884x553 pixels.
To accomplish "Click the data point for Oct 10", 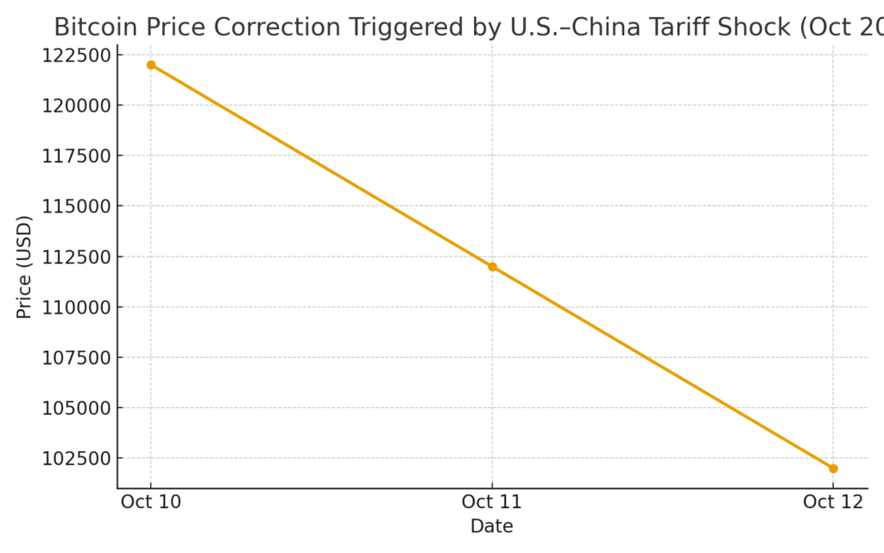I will (151, 65).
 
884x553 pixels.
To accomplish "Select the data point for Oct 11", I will (492, 266).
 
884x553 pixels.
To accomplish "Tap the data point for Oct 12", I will (833, 468).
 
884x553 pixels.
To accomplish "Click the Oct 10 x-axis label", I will (151, 502).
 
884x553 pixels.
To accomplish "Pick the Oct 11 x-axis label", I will (492, 502).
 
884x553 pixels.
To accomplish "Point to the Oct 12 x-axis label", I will (833, 502).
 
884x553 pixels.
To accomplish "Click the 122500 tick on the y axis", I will (76, 55).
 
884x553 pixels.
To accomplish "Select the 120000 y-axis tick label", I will (76, 105).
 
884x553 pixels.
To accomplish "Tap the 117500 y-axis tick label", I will (76, 156).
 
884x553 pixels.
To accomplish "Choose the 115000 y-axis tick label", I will (76, 207).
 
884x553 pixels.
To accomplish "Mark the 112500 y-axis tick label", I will (76, 257).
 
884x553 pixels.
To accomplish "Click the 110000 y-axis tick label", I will (76, 307).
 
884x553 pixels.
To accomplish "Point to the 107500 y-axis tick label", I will (76, 358).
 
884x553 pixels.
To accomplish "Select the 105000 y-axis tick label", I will (76, 408).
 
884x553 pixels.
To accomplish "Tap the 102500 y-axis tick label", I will (76, 458).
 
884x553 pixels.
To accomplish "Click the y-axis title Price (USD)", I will (24, 267).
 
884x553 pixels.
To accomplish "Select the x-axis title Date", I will (491, 526).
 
